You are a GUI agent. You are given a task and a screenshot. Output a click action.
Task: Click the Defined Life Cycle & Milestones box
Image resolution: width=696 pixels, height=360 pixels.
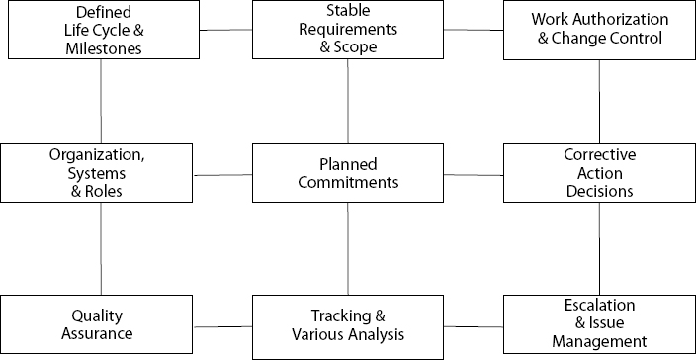pyautogui.click(x=101, y=30)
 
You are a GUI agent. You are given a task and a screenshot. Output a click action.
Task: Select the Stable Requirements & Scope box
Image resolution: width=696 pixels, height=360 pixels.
pyautogui.click(x=348, y=30)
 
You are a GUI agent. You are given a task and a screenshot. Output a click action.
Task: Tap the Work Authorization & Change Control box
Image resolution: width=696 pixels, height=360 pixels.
pyautogui.click(x=599, y=30)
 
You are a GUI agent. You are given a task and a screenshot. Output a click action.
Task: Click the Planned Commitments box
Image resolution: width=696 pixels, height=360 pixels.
pyautogui.click(x=348, y=174)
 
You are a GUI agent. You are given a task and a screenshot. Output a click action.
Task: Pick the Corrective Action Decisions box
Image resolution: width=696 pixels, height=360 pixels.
pyautogui.click(x=599, y=174)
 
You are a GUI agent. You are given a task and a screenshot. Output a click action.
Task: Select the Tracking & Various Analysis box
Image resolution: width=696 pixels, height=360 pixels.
pyautogui.click(x=348, y=324)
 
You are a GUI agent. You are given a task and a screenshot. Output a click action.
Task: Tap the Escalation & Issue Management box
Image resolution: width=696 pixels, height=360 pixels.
pyautogui.click(x=599, y=324)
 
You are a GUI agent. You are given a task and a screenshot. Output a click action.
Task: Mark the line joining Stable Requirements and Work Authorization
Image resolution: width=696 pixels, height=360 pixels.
pyautogui.click(x=474, y=31)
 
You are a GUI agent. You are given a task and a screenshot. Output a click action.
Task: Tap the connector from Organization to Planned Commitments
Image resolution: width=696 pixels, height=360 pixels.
pyautogui.click(x=224, y=175)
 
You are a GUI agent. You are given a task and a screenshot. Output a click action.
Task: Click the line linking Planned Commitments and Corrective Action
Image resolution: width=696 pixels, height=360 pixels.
pyautogui.click(x=474, y=175)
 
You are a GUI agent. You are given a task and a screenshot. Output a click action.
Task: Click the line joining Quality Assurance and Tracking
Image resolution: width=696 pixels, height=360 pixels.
pyautogui.click(x=224, y=325)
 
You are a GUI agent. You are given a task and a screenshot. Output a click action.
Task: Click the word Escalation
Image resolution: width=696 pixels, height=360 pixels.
pyautogui.click(x=599, y=306)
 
